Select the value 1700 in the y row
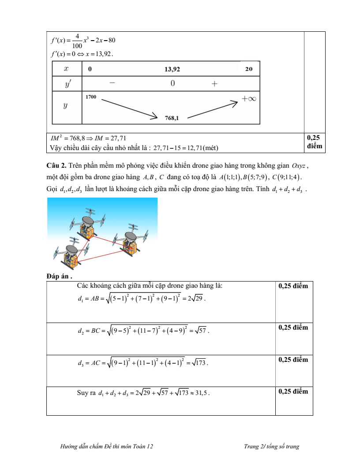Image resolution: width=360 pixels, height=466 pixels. pyautogui.click(x=91, y=97)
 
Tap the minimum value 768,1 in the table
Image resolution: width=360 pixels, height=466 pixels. pyautogui.click(x=172, y=118)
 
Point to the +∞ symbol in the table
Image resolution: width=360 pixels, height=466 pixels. pyautogui.click(x=249, y=99)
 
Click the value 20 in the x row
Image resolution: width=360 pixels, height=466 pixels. pyautogui.click(x=248, y=69)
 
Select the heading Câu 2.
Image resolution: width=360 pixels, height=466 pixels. pyautogui.click(x=56, y=166)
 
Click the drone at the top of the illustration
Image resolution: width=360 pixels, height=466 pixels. pyautogui.click(x=88, y=223)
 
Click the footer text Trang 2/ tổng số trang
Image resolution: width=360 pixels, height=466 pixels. pyautogui.click(x=271, y=447)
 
